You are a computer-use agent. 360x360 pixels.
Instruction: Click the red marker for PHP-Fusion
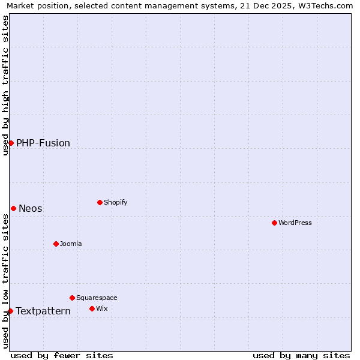tap(11, 143)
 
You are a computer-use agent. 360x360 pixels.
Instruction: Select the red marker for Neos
tap(13, 208)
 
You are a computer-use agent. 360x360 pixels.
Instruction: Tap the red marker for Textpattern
tap(10, 311)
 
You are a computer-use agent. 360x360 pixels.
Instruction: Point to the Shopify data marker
tap(100, 202)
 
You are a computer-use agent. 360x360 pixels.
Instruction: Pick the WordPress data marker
tap(274, 223)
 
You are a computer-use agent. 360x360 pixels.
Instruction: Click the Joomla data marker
tap(56, 244)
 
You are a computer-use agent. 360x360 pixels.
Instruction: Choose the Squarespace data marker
tap(72, 298)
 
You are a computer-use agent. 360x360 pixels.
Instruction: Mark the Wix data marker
tap(92, 308)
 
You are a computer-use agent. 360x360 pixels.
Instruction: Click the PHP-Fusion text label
tap(43, 143)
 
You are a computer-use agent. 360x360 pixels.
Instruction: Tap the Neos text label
tap(31, 208)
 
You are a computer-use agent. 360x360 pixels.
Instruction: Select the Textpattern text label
tap(43, 311)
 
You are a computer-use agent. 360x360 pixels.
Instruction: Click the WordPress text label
tap(295, 223)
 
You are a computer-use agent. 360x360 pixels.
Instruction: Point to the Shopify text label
tap(116, 202)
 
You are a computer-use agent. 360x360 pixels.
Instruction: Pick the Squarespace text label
tap(97, 298)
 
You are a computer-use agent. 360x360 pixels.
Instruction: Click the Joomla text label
tap(71, 244)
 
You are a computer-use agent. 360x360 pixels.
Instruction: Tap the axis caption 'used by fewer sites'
tap(62, 355)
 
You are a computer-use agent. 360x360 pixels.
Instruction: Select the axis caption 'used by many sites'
tap(301, 355)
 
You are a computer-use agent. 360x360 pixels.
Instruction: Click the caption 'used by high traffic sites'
tap(5, 85)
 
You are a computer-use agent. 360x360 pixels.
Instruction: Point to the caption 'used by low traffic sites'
tap(5, 281)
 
